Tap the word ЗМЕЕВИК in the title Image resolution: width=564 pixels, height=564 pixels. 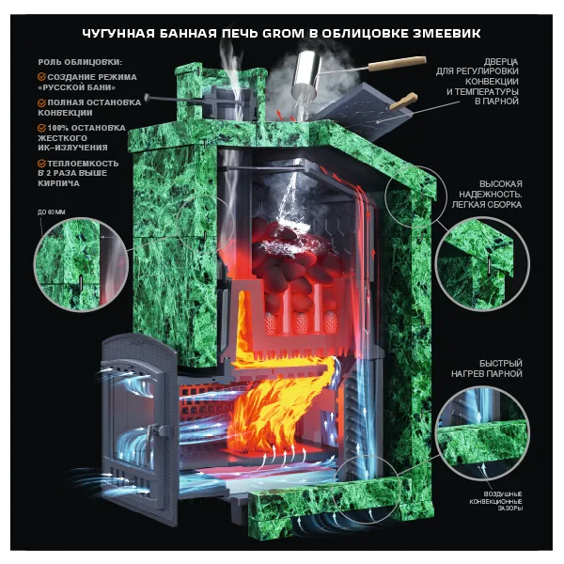tap(446, 34)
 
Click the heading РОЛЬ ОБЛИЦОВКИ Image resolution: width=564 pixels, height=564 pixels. tap(80, 62)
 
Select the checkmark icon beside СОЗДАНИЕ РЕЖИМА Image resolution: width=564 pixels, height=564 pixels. tap(41, 77)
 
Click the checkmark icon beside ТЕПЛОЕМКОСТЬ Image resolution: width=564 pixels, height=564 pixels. tap(41, 164)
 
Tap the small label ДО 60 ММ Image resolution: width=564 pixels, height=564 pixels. tap(52, 212)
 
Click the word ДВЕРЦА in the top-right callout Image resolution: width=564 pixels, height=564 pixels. tap(501, 62)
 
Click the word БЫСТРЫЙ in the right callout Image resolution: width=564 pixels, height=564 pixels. tap(501, 363)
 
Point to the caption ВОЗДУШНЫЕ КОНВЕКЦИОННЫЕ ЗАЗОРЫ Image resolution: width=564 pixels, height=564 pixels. tap(496, 501)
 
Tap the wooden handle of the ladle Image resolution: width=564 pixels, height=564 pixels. tap(399, 64)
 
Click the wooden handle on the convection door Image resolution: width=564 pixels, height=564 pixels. tap(403, 101)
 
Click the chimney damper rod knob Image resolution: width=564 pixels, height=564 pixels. tap(147, 97)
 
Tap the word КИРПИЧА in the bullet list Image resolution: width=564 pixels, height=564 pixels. tap(58, 183)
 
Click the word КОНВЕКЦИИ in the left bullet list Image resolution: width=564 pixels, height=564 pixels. tap(65, 113)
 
